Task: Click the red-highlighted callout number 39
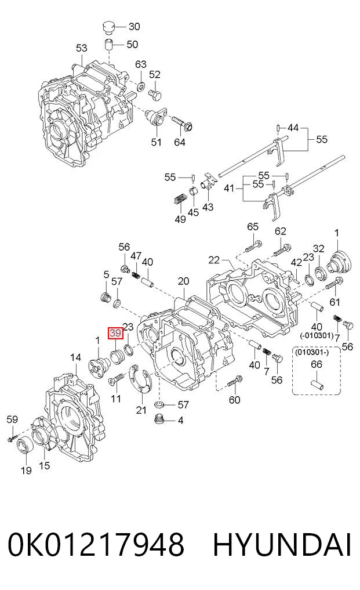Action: pyautogui.click(x=115, y=333)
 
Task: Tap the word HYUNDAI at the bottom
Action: pyautogui.click(x=282, y=544)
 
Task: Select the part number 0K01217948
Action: pyautogui.click(x=96, y=544)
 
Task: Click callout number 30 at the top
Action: pyautogui.click(x=134, y=26)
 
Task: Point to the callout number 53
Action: pyautogui.click(x=81, y=48)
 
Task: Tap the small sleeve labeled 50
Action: pyautogui.click(x=109, y=45)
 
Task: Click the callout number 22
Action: pyautogui.click(x=214, y=260)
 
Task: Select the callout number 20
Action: pyautogui.click(x=183, y=281)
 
